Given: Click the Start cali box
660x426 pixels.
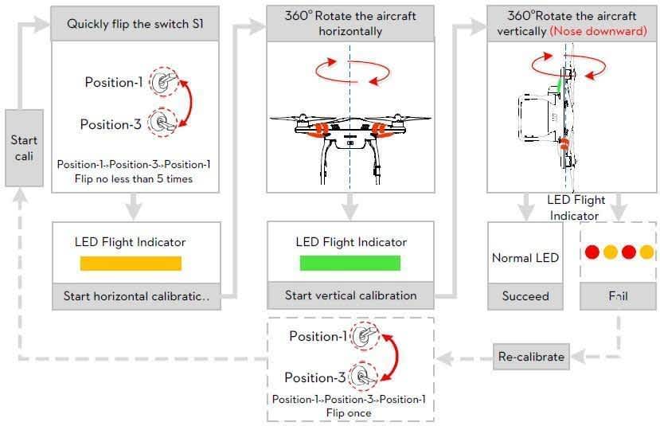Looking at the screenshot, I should click(x=24, y=148).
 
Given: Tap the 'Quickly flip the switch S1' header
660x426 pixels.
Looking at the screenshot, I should click(x=135, y=24).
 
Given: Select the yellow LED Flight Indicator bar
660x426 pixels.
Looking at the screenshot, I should click(x=131, y=264).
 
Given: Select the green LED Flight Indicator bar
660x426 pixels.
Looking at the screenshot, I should click(x=350, y=264).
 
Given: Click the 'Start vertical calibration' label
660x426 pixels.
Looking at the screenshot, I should click(x=350, y=295).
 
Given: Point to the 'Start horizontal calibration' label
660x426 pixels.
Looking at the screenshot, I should click(x=136, y=296).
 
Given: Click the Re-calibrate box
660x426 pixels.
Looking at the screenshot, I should click(x=531, y=356).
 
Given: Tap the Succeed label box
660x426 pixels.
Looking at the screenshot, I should click(x=525, y=296).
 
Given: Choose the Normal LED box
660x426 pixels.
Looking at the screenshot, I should click(x=525, y=257).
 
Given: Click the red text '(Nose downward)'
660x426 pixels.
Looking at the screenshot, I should click(x=598, y=31).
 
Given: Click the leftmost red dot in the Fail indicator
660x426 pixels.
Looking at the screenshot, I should click(x=592, y=252).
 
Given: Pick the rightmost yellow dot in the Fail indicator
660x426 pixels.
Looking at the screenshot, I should click(x=646, y=252).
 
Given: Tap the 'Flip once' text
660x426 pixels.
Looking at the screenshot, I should click(x=349, y=412).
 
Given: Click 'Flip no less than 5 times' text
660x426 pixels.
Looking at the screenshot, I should click(x=135, y=178).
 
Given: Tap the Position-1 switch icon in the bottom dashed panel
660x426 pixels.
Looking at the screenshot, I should click(x=364, y=335).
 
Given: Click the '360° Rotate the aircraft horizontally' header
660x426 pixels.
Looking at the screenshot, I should click(x=350, y=24).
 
